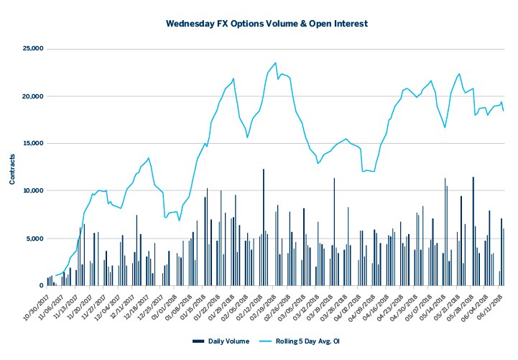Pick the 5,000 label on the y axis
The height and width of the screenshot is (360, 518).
coord(33,239)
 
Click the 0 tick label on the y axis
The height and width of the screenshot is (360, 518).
coord(42,285)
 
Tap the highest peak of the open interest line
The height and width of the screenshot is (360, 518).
coord(275,63)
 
